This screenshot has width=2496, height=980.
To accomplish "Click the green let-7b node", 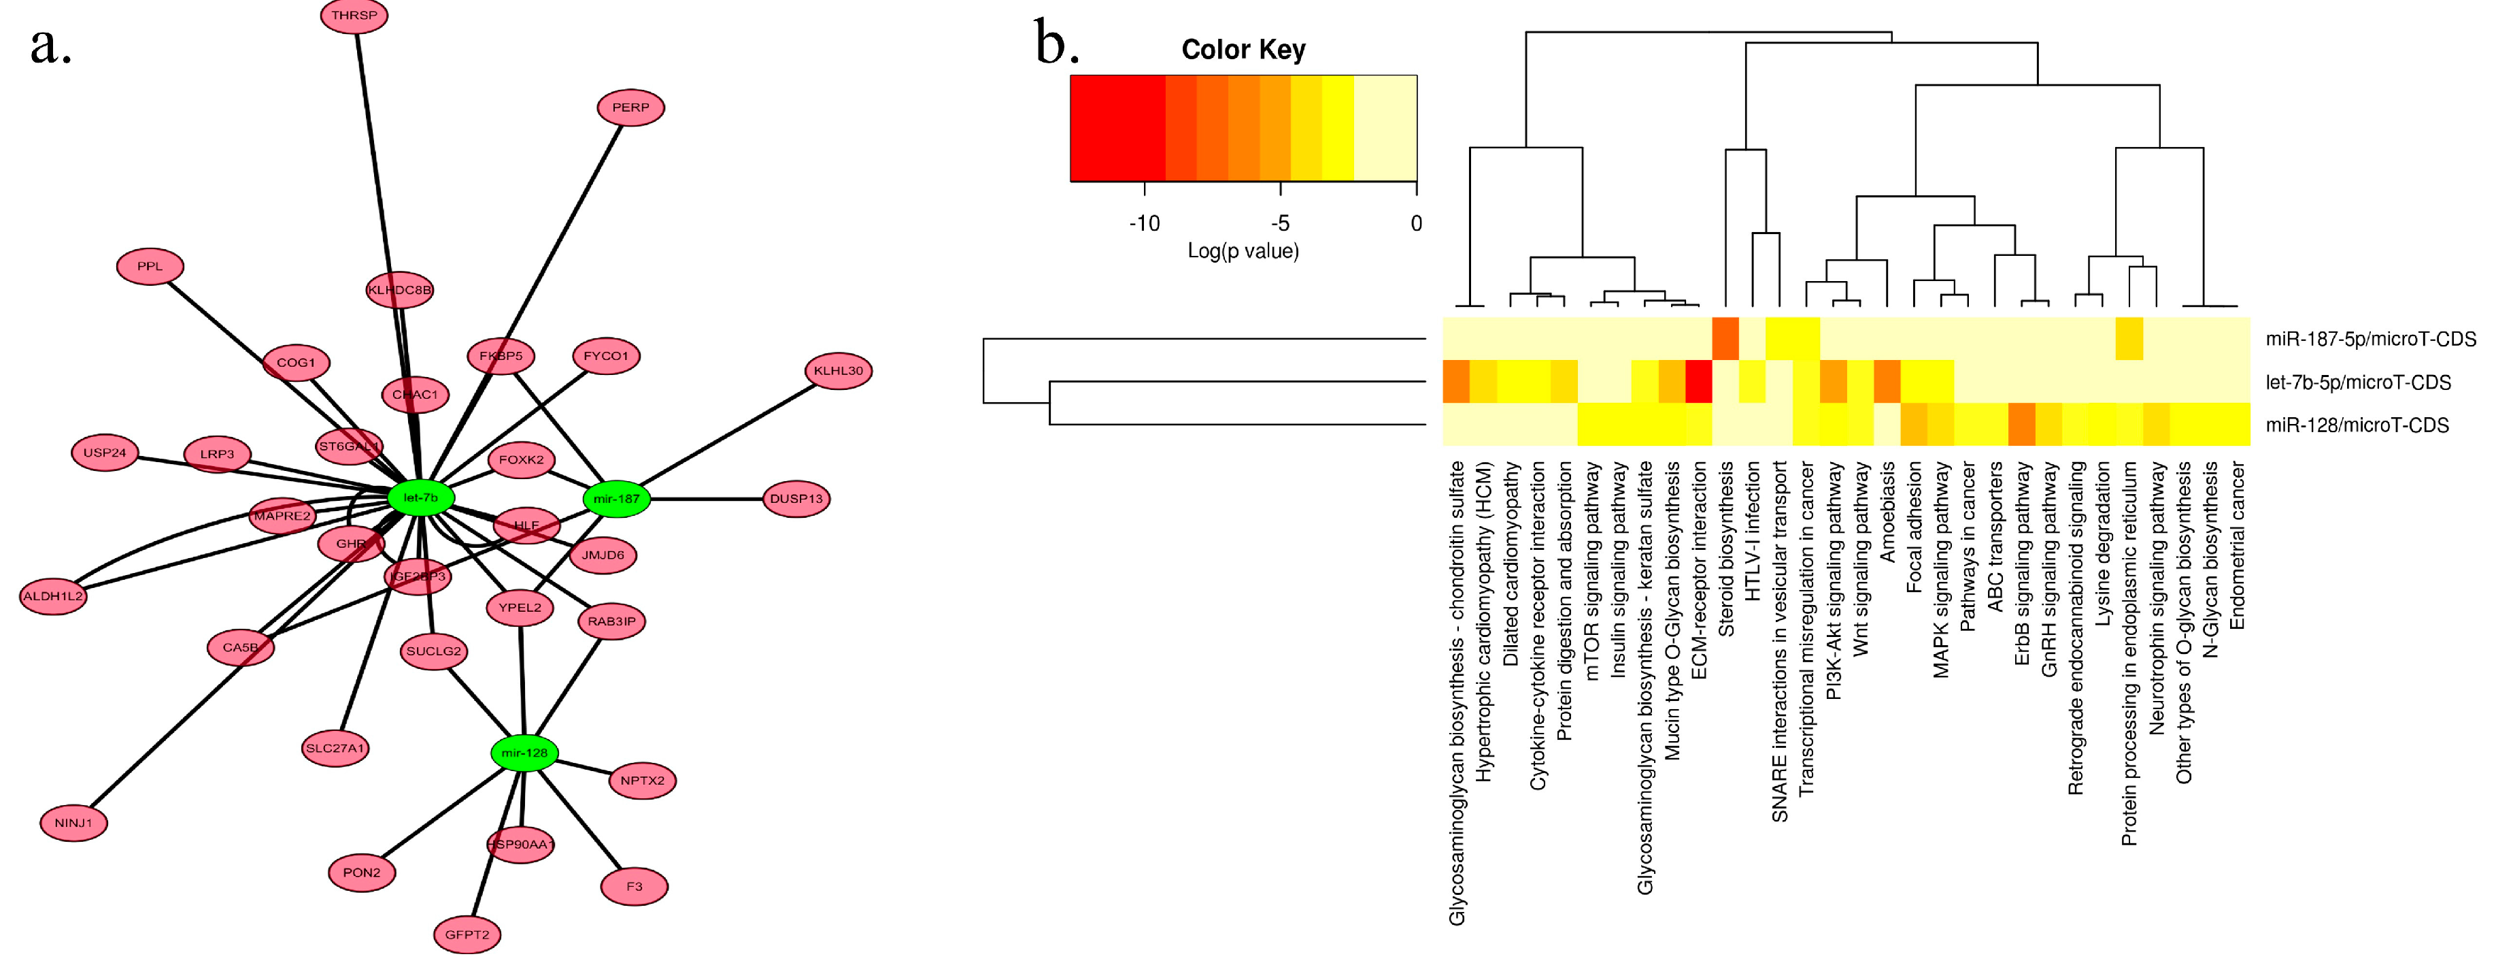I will click(420, 497).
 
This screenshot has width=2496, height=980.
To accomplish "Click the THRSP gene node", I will click(354, 16).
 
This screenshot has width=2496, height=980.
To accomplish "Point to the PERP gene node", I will click(630, 108).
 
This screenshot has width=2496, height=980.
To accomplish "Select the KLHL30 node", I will click(838, 370).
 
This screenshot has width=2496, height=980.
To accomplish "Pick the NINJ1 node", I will click(73, 823).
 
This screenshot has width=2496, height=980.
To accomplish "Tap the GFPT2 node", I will click(467, 934).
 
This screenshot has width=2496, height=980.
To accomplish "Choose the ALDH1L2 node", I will click(53, 596).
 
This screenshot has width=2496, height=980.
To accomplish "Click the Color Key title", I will click(1243, 50).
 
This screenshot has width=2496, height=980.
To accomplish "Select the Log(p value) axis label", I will click(1243, 251).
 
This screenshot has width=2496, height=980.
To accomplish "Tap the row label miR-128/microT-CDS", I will click(2357, 425).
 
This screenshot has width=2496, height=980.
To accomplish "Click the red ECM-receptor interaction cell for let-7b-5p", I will click(1698, 382).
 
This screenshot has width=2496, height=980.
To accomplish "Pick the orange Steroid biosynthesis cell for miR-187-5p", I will click(1725, 338).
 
